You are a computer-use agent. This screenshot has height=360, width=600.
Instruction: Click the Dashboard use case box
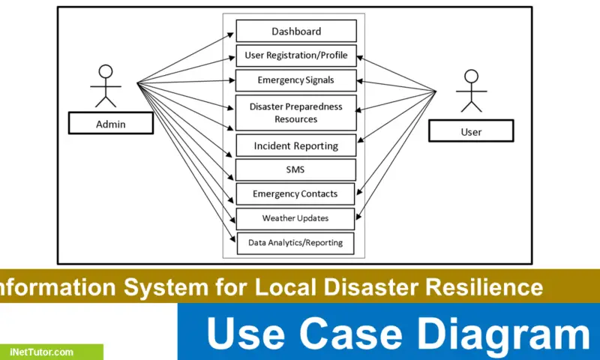[296, 31]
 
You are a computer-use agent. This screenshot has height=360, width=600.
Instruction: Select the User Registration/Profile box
[296, 55]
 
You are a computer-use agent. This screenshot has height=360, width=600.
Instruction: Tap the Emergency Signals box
[296, 80]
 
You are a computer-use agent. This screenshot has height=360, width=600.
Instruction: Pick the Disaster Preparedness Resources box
[296, 112]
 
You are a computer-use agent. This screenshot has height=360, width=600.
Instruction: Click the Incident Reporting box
[296, 145]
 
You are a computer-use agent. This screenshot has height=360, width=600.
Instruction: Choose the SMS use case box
[296, 169]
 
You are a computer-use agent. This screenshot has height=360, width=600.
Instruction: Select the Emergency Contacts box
[296, 193]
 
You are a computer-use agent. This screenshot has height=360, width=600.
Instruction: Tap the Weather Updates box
[296, 218]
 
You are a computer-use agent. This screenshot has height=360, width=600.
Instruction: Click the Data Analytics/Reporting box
[296, 242]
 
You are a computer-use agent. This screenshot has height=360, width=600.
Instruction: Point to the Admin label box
[111, 124]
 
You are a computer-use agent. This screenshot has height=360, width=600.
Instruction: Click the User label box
[471, 131]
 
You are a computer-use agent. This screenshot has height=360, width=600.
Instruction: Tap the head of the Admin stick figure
[106, 72]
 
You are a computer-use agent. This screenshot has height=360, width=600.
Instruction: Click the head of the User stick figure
[471, 76]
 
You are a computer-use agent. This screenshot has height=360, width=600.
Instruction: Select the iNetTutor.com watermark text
[42, 352]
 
